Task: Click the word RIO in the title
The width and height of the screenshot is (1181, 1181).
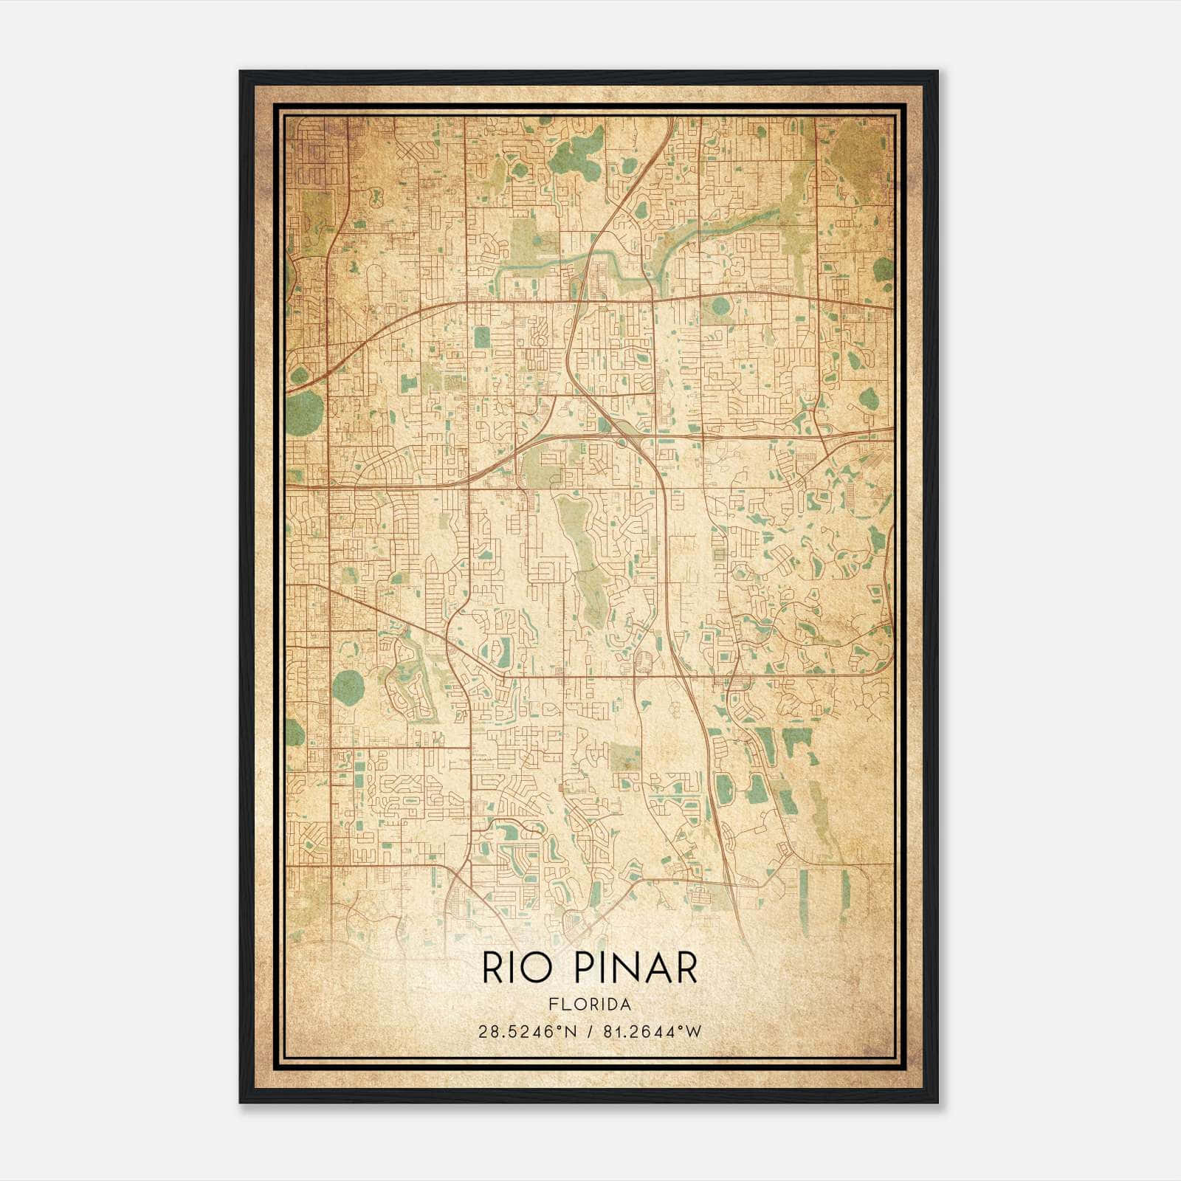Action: pyautogui.click(x=516, y=967)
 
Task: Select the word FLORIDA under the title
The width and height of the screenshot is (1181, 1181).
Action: pyautogui.click(x=589, y=1005)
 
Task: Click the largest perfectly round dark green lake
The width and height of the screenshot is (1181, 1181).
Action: pyautogui.click(x=348, y=688)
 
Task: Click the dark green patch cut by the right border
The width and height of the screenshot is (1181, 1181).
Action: pyautogui.click(x=883, y=269)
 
